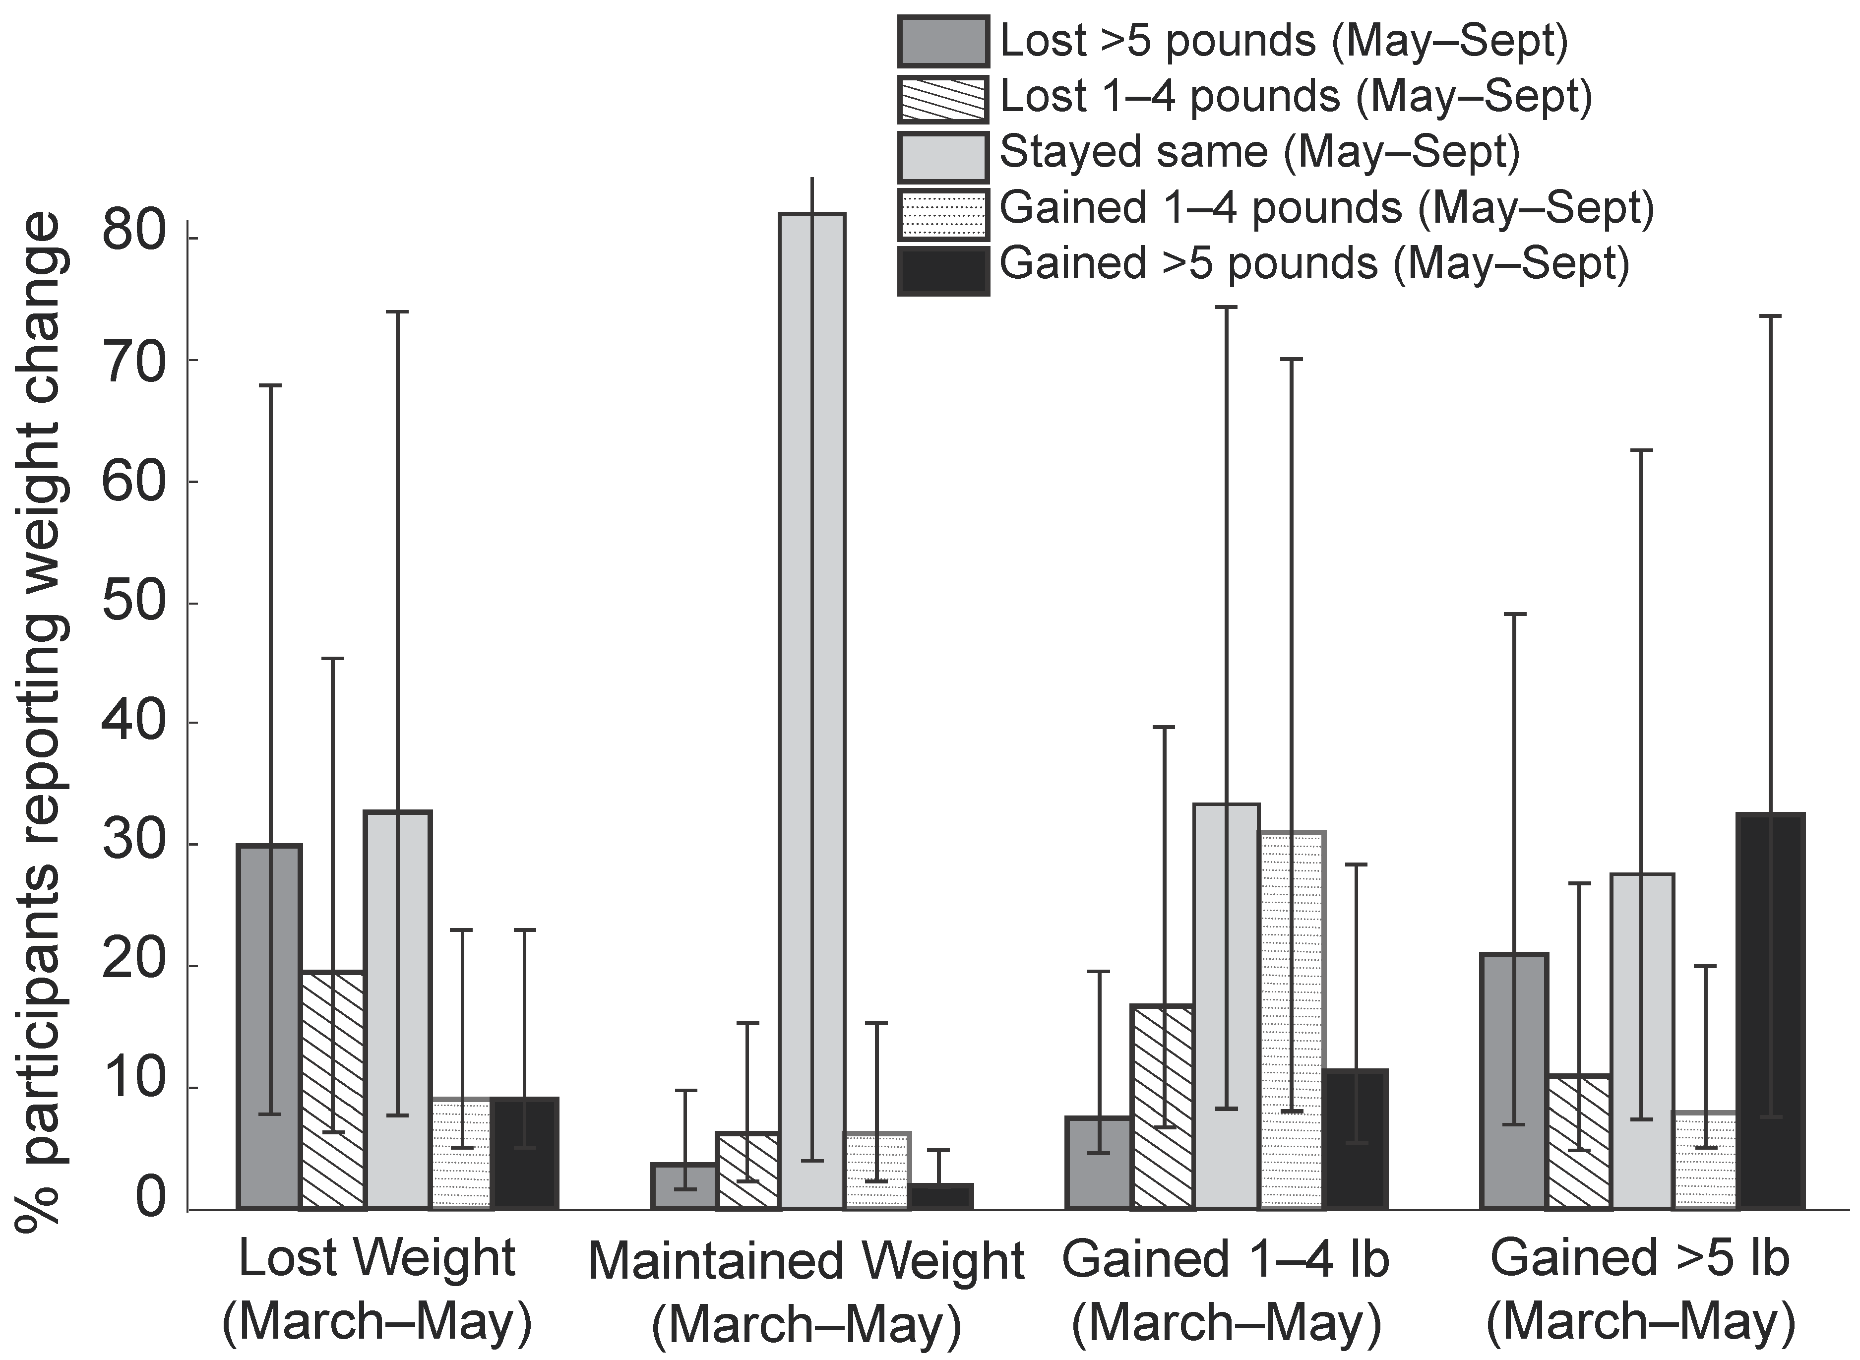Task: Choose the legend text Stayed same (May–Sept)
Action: (1258, 153)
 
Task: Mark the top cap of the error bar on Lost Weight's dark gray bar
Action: (269, 385)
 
